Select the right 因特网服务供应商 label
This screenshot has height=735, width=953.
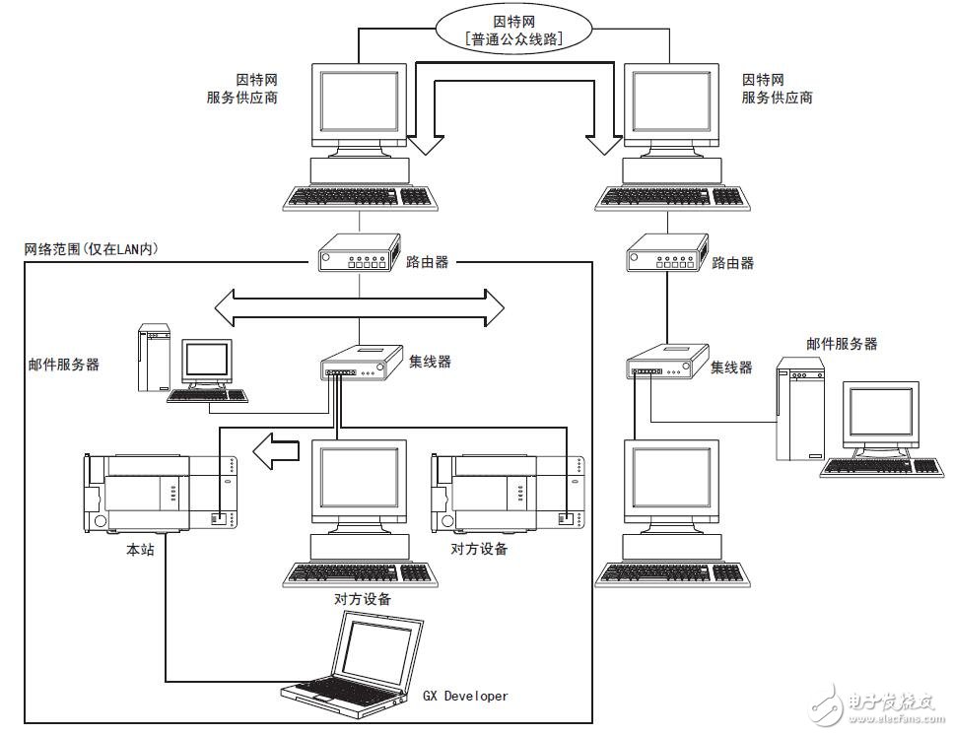pos(777,89)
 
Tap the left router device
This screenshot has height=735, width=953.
pos(359,257)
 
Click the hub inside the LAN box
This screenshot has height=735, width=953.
pos(362,366)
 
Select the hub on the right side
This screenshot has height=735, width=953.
pos(667,364)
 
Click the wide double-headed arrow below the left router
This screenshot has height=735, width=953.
pos(360,306)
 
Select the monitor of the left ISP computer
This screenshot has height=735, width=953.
pos(359,109)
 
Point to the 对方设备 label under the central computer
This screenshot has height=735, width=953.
pos(363,599)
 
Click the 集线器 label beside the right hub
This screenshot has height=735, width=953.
pos(731,367)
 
